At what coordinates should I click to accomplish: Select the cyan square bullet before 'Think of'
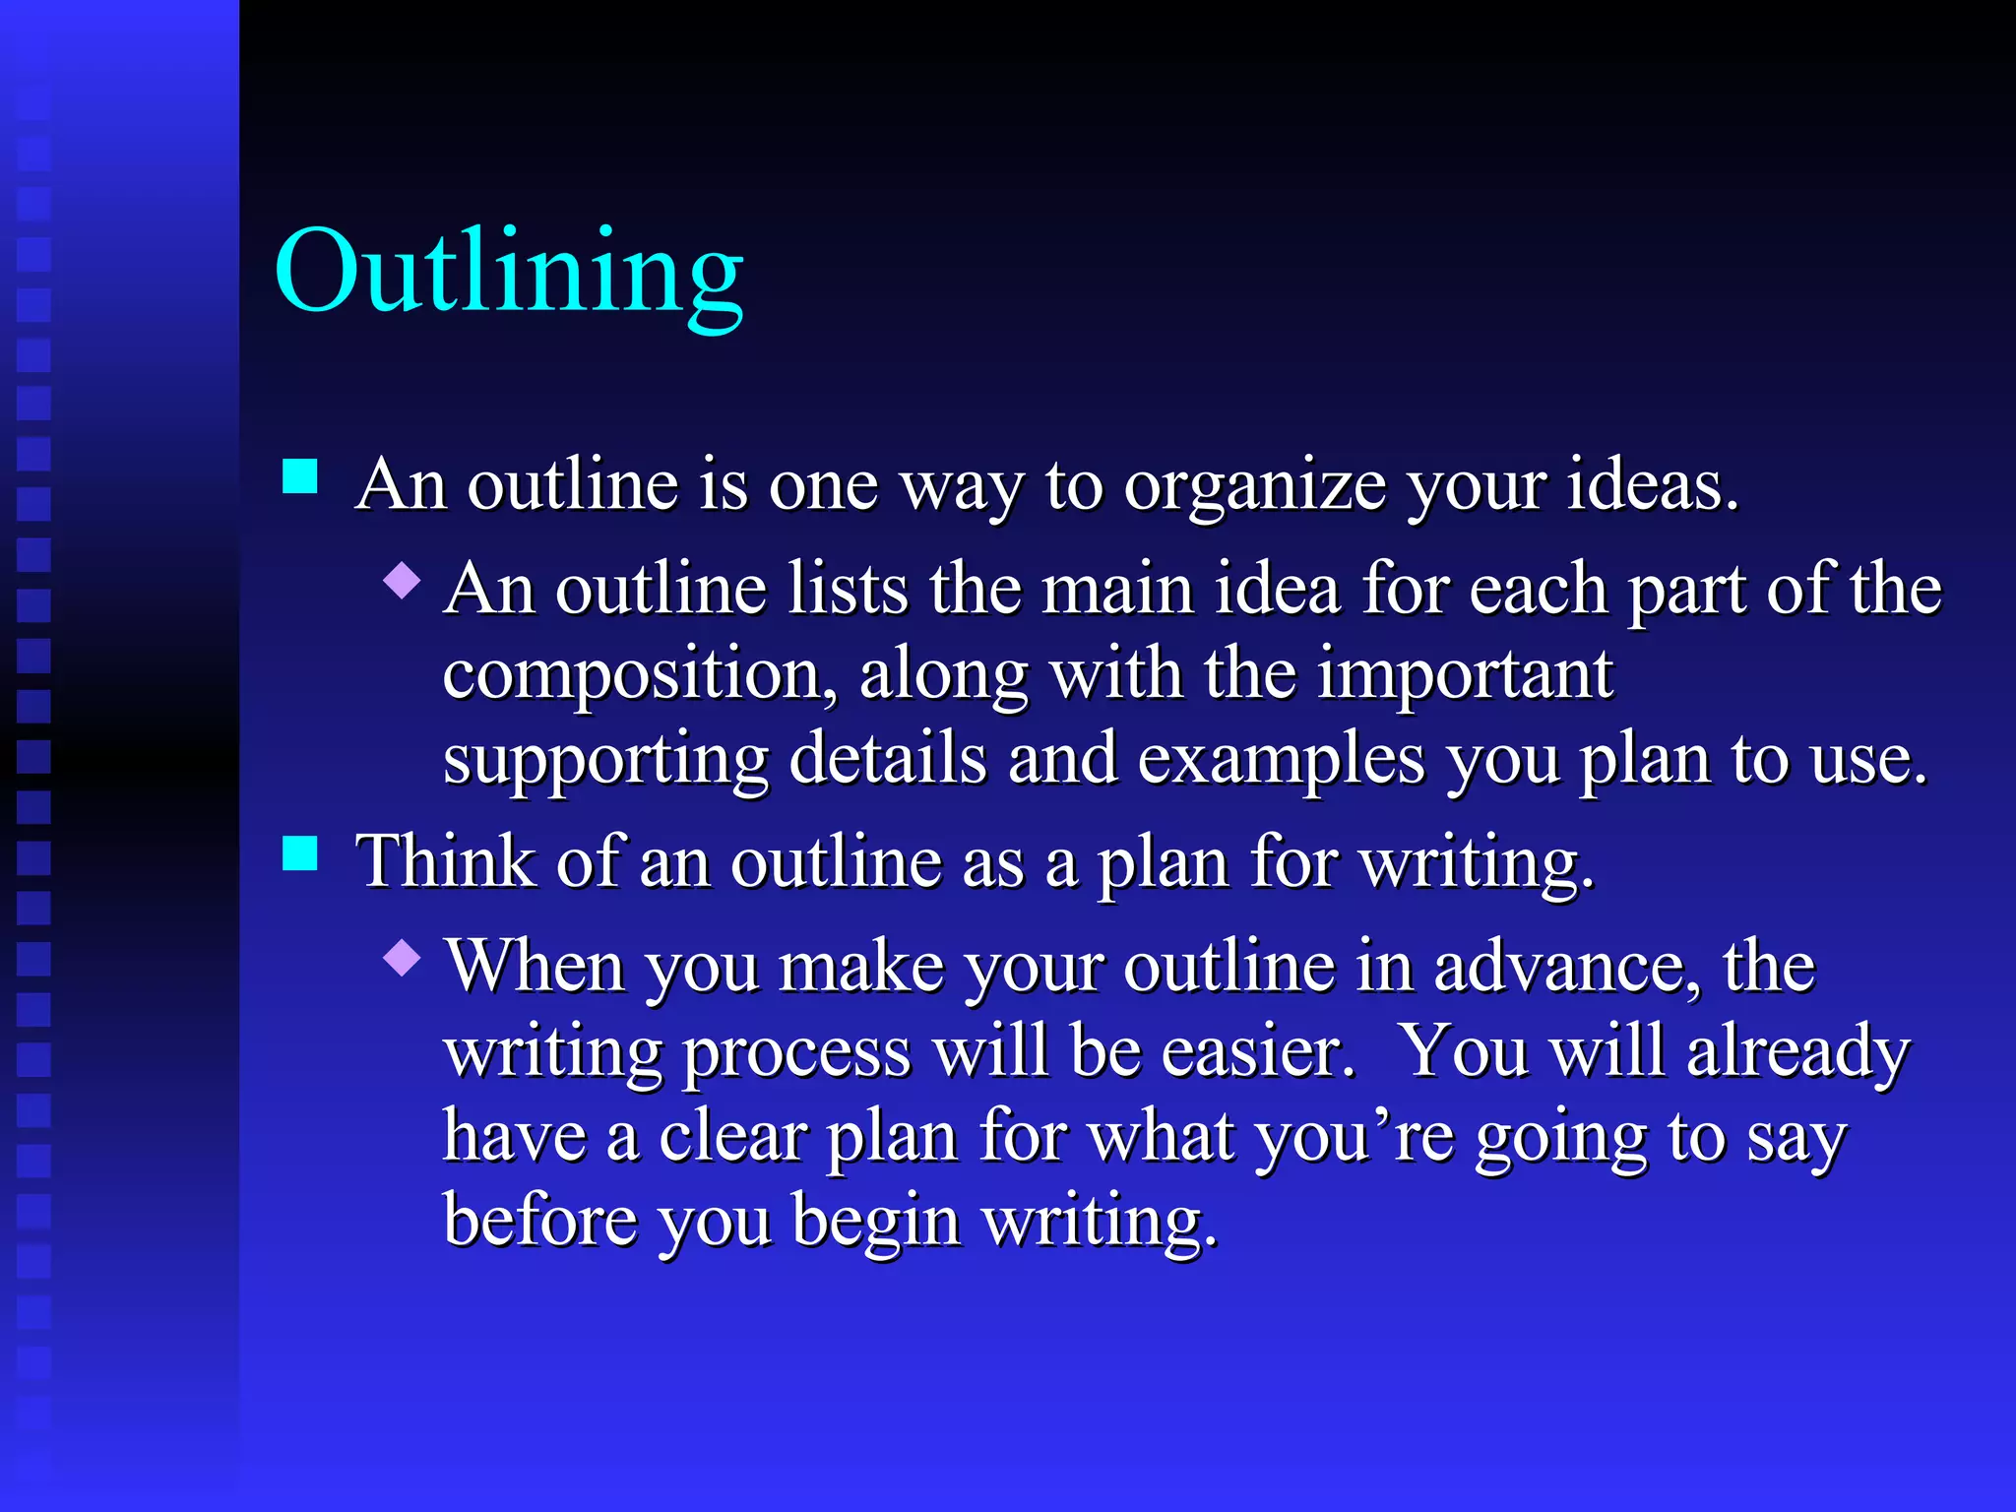[x=300, y=853]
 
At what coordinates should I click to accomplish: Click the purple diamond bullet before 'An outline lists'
[x=403, y=581]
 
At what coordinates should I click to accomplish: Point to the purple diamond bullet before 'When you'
[x=403, y=957]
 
